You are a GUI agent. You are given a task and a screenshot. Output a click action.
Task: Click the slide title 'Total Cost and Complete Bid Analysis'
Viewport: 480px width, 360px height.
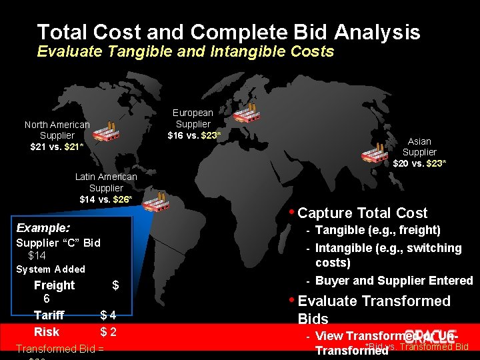click(229, 32)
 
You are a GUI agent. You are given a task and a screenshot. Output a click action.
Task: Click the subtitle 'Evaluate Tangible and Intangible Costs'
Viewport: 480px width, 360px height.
click(185, 51)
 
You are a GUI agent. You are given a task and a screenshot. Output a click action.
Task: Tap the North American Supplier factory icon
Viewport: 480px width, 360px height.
click(107, 132)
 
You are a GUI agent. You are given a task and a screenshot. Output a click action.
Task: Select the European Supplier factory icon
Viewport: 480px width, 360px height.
click(246, 114)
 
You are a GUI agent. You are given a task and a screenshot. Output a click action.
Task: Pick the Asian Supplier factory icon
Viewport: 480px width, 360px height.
click(374, 153)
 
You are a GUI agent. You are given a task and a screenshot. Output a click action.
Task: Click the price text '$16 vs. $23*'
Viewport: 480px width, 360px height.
click(193, 135)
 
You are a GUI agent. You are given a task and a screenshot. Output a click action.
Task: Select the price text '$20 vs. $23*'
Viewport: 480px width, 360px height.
click(419, 163)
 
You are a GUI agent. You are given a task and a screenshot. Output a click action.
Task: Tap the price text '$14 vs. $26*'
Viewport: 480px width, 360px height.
click(106, 199)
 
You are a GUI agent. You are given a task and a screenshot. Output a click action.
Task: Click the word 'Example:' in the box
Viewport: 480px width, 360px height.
click(43, 227)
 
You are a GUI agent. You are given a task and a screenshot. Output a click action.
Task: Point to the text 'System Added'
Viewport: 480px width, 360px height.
click(51, 269)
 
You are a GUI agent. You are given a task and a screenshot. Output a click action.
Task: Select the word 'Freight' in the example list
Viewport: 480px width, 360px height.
click(54, 285)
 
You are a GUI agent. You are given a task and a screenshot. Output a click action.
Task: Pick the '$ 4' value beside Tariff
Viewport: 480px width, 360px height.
click(109, 315)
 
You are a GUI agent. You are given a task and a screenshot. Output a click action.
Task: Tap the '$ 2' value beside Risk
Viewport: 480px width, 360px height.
click(109, 332)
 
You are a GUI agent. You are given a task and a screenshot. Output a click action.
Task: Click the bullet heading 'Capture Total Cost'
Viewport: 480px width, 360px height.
click(362, 213)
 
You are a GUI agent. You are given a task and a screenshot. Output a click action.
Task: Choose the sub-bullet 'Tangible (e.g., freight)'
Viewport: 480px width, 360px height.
click(377, 231)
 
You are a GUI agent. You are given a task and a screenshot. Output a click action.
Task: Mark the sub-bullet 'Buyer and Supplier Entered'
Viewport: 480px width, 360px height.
click(393, 281)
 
